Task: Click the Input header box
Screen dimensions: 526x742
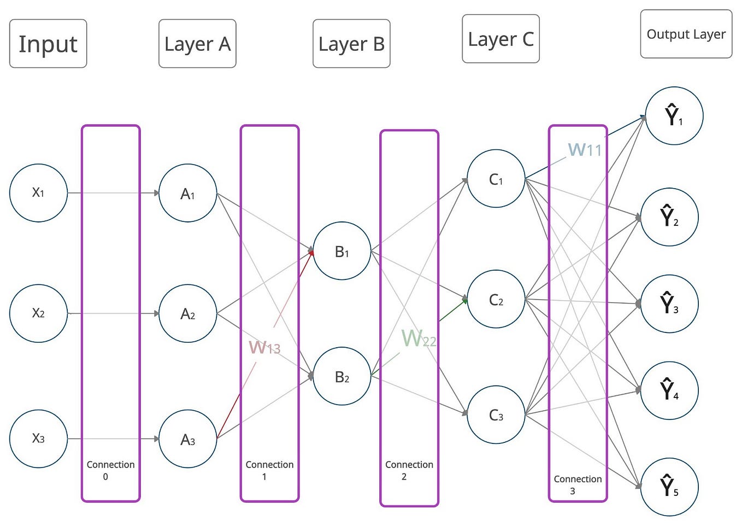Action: (48, 44)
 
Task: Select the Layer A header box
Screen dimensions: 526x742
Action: (197, 44)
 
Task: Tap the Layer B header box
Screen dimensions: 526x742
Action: (351, 44)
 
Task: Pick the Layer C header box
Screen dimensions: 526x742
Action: (500, 39)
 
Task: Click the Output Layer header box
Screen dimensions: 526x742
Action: (686, 34)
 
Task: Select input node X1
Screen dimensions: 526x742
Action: (38, 193)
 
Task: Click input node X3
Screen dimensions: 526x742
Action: (38, 439)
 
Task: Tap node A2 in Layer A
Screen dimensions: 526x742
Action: (187, 313)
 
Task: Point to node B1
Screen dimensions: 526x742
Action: (342, 251)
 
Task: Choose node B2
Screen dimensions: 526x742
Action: (342, 376)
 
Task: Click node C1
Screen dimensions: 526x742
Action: (496, 179)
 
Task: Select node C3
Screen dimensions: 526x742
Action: (496, 415)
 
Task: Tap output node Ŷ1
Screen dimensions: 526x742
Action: (674, 116)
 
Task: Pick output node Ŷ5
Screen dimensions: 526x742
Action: (669, 487)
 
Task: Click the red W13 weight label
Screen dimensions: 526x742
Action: (264, 347)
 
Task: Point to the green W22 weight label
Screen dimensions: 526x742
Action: (419, 338)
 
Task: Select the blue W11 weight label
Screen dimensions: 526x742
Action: (585, 149)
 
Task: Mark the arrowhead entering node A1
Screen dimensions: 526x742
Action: (156, 193)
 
